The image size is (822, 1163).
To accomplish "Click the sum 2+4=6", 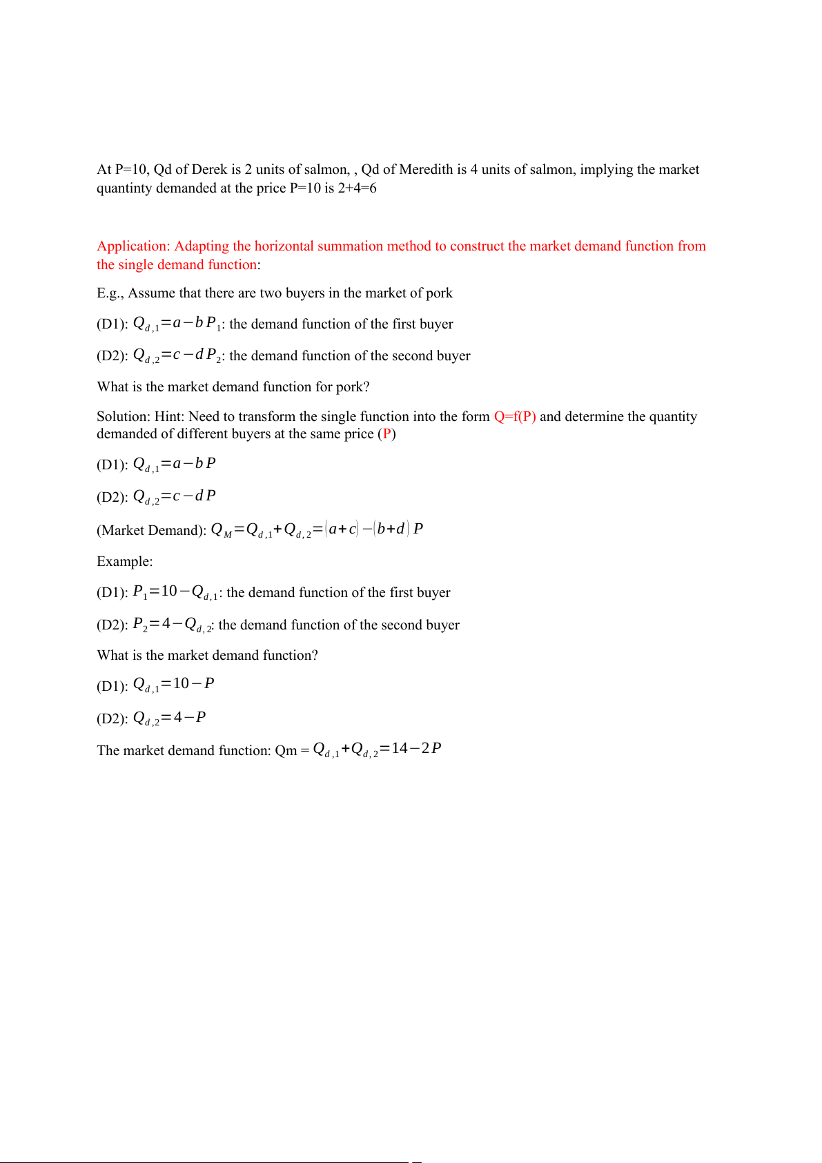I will pyautogui.click(x=357, y=188).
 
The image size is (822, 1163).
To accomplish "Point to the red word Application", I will pyautogui.click(x=133, y=246).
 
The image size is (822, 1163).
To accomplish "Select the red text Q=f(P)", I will pyautogui.click(x=515, y=417).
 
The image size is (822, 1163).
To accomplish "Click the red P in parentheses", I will pyautogui.click(x=387, y=434).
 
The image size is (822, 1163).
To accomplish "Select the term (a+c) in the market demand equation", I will pyautogui.click(x=342, y=529).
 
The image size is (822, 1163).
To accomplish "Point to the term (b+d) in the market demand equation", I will pyautogui.click(x=391, y=529).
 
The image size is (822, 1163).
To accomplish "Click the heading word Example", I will pyautogui.click(x=124, y=562).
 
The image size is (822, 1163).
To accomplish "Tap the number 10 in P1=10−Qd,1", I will pyautogui.click(x=169, y=592).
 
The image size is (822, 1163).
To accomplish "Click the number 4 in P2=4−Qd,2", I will pyautogui.click(x=166, y=624).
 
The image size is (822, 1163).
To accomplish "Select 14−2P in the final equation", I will pyautogui.click(x=416, y=749).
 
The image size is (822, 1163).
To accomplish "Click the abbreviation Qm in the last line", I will pyautogui.click(x=286, y=751).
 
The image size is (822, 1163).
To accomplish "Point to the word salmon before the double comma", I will pyautogui.click(x=326, y=170).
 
